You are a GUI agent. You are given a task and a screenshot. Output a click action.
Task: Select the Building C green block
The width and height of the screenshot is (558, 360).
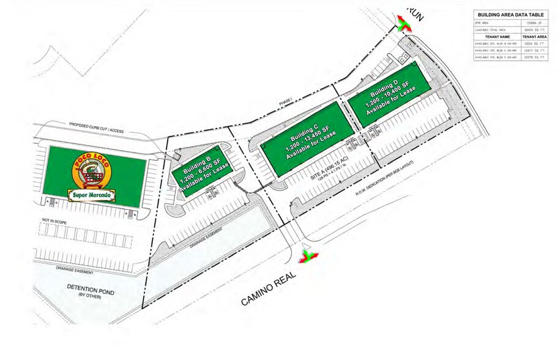click(x=308, y=139)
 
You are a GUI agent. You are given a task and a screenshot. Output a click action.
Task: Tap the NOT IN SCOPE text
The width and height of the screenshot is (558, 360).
click(x=54, y=219)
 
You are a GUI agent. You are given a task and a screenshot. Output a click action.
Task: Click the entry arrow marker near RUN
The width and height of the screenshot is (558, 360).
click(x=403, y=24)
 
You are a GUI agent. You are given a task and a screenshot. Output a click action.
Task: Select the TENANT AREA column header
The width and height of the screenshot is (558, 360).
click(x=534, y=37)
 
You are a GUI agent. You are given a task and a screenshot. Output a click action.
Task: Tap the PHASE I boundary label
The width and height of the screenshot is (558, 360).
click(x=286, y=101)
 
